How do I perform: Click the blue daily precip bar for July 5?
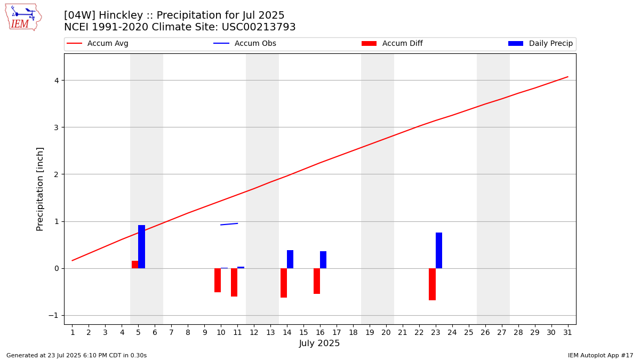[141, 246]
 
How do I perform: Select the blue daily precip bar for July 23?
[439, 250]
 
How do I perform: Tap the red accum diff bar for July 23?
[432, 284]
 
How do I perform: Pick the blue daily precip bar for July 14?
[290, 259]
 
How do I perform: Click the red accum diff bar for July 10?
[218, 280]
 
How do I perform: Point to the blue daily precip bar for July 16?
[323, 260]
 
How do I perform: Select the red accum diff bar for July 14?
[284, 283]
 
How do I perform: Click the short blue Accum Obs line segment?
[229, 224]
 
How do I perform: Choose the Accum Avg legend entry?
[98, 44]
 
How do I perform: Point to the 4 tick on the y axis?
[55, 81]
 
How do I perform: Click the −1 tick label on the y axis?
[53, 315]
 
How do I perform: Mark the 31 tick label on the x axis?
[567, 333]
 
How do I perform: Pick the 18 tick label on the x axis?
[353, 333]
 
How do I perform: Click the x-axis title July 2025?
[319, 343]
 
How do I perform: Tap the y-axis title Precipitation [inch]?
[40, 189]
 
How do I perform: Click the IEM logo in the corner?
[23, 17]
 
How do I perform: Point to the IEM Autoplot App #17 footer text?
[601, 355]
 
